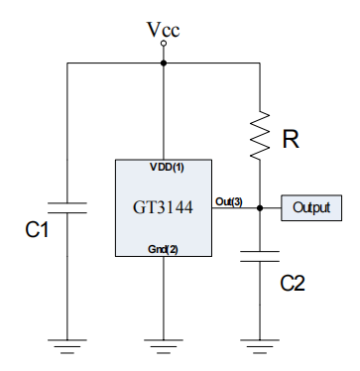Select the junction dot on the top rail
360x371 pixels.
click(x=164, y=62)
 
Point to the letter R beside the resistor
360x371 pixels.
click(x=291, y=140)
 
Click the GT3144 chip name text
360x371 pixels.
click(x=163, y=208)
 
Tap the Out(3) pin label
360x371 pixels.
click(x=228, y=202)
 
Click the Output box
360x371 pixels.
click(x=312, y=208)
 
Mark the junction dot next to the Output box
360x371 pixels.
click(x=260, y=208)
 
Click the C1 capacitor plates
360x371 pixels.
click(x=67, y=208)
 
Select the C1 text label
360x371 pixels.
click(x=37, y=231)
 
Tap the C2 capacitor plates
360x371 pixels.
click(x=260, y=257)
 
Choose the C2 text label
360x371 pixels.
click(x=293, y=283)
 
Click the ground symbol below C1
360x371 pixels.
click(x=67, y=345)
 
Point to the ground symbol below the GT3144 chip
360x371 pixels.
click(x=164, y=345)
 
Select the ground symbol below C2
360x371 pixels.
click(x=260, y=345)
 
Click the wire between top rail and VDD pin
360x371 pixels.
click(x=164, y=109)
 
